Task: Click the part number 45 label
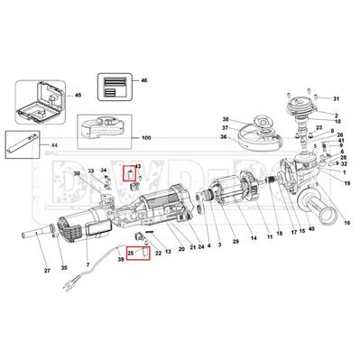coord(78,95)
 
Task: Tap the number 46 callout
coord(143,80)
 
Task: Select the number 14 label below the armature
coord(255,236)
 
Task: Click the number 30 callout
coord(77,173)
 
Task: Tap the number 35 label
coord(62,268)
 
